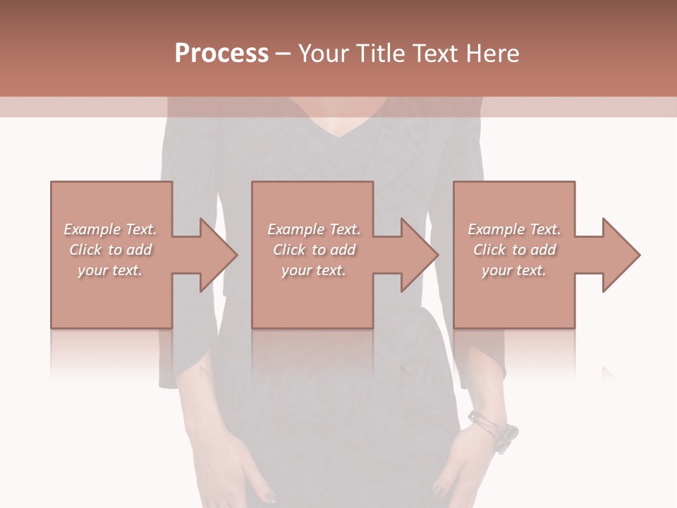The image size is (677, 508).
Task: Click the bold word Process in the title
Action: (221, 54)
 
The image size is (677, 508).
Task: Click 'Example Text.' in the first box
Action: (110, 229)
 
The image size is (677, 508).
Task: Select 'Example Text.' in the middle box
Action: (313, 229)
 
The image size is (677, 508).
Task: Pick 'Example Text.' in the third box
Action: (514, 229)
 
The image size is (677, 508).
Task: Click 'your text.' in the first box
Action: (110, 270)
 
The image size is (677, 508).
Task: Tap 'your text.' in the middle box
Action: (313, 270)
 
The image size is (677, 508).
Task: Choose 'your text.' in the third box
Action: (514, 270)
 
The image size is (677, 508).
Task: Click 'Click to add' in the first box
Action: (110, 250)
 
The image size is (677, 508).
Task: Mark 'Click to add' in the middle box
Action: (313, 250)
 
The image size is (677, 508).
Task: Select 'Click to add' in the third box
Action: (514, 250)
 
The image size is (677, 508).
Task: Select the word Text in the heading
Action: (438, 54)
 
